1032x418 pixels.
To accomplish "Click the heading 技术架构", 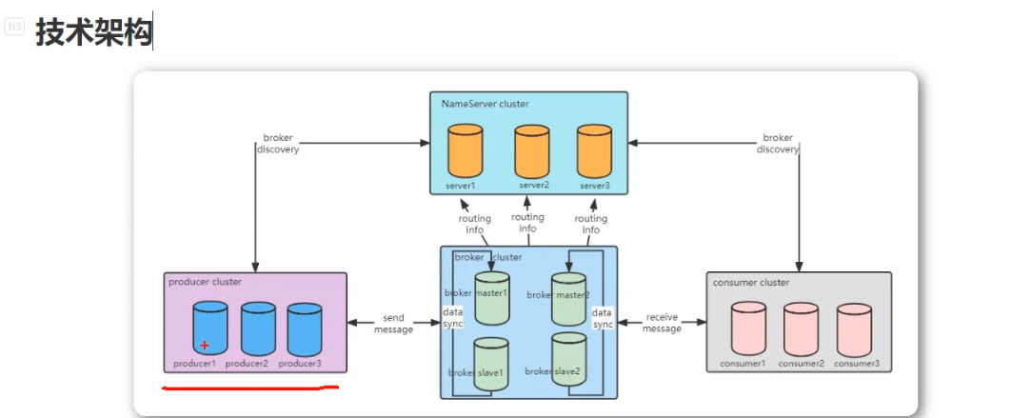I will (94, 32).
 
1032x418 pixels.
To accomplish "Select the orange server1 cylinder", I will (466, 150).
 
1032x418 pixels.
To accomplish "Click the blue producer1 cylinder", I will (210, 328).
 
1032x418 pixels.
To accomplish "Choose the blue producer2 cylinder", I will (258, 329).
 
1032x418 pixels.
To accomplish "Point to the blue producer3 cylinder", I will (305, 329).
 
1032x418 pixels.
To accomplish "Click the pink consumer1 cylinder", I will (748, 328).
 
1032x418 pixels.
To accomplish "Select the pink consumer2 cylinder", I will (802, 329).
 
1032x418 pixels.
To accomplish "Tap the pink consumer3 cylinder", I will (854, 329).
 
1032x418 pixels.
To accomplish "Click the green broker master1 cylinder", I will (492, 295).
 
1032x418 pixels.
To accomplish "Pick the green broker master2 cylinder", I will (568, 296).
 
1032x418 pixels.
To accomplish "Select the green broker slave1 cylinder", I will (491, 365).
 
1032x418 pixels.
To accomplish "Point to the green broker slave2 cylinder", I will (568, 359).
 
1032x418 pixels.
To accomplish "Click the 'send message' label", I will (394, 324).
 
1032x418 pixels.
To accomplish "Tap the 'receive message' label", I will (662, 323).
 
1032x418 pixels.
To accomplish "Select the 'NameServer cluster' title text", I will (485, 103).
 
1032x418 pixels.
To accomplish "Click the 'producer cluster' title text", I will (205, 282).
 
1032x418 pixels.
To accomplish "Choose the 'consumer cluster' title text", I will (750, 282).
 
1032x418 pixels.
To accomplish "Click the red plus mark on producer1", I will (204, 345).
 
